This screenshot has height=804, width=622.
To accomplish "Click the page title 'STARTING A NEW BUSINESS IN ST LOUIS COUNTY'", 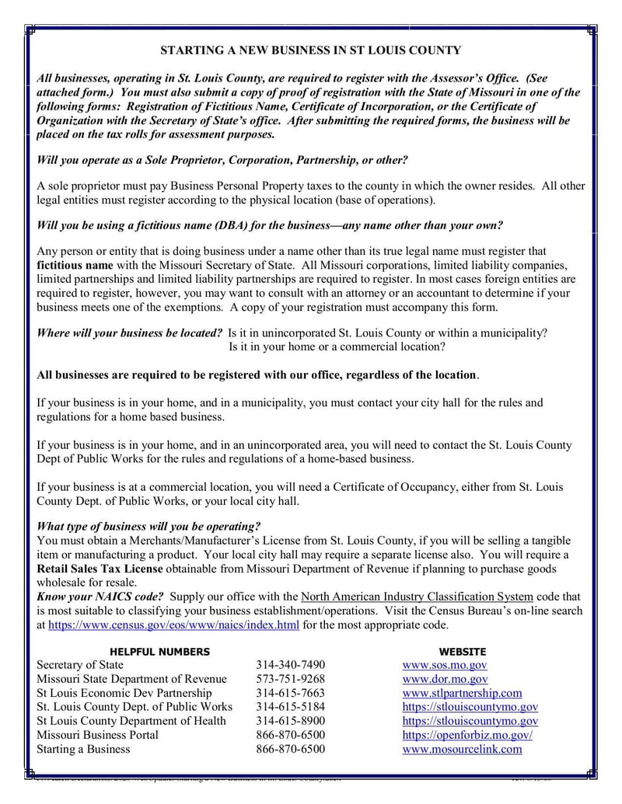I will coord(310,50).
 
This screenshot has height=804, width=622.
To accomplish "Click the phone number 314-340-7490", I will coord(290,665).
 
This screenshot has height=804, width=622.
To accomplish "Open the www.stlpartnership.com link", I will coord(462,693).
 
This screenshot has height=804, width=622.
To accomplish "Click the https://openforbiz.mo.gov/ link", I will coord(467,735).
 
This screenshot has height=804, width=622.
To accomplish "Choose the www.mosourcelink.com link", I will coord(462,749).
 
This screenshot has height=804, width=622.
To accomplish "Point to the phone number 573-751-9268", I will coord(290,679).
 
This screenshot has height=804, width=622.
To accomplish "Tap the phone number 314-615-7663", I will coord(290,693).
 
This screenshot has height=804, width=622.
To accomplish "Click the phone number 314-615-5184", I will coord(290,707).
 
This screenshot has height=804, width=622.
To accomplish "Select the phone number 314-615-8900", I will coord(290,721).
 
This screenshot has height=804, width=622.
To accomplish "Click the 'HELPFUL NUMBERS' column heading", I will coord(159,652).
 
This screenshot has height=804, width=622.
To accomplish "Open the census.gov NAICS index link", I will coord(173,625).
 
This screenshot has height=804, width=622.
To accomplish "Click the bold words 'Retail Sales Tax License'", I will coord(100,569).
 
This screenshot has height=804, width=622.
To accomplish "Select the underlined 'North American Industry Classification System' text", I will coord(417,597).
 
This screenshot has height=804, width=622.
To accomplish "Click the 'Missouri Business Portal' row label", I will coord(98,735).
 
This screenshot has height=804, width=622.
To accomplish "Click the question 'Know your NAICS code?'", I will coord(100,597).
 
